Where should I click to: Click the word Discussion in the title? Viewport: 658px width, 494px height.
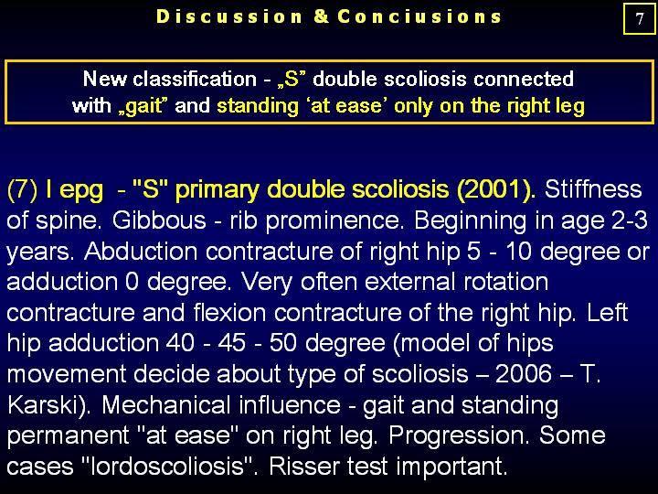pos(228,16)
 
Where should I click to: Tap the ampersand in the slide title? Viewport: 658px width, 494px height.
pos(321,16)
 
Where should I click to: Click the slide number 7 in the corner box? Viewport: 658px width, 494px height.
pos(639,19)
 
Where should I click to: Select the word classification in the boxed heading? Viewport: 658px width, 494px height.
pos(195,79)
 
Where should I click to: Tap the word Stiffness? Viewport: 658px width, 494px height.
pos(593,189)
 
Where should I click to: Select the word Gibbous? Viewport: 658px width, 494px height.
pos(159,220)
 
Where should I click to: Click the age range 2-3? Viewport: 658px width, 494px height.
pos(630,220)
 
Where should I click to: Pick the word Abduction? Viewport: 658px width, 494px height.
pos(141,252)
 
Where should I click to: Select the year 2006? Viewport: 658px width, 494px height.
pos(524,374)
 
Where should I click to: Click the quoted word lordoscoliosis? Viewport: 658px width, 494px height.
pos(169,467)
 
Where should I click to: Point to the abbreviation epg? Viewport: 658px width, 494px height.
pos(81,191)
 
